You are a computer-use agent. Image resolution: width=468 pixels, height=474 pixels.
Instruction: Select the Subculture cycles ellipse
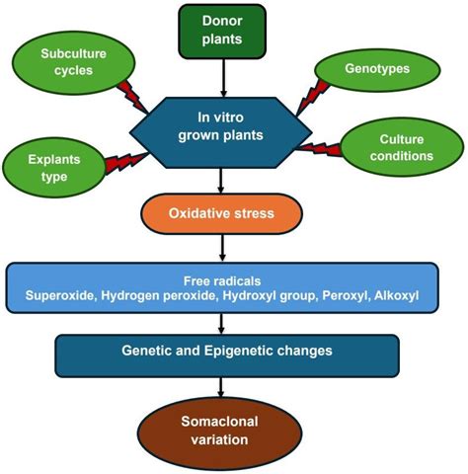click(67, 62)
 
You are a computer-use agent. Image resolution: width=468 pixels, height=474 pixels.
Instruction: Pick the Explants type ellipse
click(48, 164)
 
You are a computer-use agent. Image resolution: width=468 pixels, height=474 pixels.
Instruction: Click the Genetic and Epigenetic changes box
click(228, 352)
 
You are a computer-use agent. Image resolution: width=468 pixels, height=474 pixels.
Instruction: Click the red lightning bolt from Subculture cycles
click(130, 96)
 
